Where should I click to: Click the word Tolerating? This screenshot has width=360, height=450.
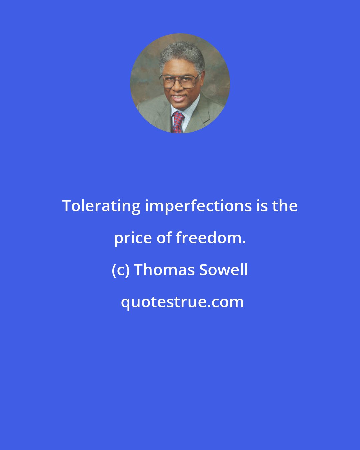[101, 206]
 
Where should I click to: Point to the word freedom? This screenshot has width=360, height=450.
[209, 238]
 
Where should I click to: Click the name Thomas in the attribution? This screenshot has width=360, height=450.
[165, 270]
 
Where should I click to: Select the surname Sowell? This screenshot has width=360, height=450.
[224, 270]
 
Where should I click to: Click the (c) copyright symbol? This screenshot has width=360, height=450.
[120, 270]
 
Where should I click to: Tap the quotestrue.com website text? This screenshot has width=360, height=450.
[182, 302]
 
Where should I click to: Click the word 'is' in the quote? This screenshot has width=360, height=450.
[262, 206]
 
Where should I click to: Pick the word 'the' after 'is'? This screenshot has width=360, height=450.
[285, 206]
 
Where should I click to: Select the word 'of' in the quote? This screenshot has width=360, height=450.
[164, 238]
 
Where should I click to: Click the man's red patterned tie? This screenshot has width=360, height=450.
[178, 122]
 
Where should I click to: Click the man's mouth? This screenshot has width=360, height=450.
[179, 98]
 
